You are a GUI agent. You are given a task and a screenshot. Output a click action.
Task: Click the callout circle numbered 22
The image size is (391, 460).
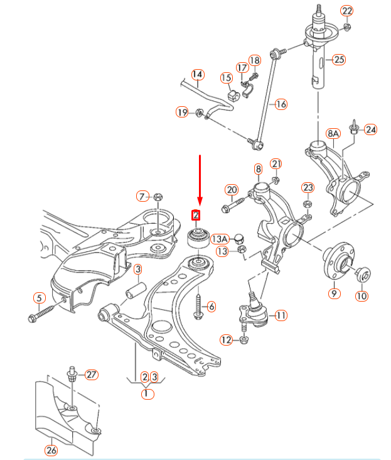coord(346,11)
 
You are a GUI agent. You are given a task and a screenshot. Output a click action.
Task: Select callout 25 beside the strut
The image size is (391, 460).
coord(339,60)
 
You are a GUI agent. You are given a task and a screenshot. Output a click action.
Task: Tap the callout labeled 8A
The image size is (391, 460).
coord(333,134)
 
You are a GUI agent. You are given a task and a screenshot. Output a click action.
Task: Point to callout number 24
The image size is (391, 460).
coord(371,130)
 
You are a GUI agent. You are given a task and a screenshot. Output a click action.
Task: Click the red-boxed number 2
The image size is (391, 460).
coord(196,215)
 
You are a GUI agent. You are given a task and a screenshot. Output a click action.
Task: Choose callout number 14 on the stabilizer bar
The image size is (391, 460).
coord(198,74)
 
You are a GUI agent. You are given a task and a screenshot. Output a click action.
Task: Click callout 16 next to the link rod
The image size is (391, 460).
coord(281,104)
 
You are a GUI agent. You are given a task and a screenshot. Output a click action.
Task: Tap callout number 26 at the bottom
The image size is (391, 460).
coord(51,450)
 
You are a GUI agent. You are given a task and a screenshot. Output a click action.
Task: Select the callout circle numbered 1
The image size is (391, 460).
coord(147,395)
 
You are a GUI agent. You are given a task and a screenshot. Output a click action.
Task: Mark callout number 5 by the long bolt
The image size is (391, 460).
coord(39,298)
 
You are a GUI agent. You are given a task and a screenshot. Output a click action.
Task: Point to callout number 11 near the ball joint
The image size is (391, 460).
coord(281,315)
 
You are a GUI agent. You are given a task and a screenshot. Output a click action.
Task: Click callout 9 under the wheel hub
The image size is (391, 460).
coord(333,293)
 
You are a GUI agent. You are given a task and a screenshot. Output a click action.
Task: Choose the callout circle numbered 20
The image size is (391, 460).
coord(232,190)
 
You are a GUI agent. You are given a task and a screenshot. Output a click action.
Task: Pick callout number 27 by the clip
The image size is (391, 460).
coord(92,375)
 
